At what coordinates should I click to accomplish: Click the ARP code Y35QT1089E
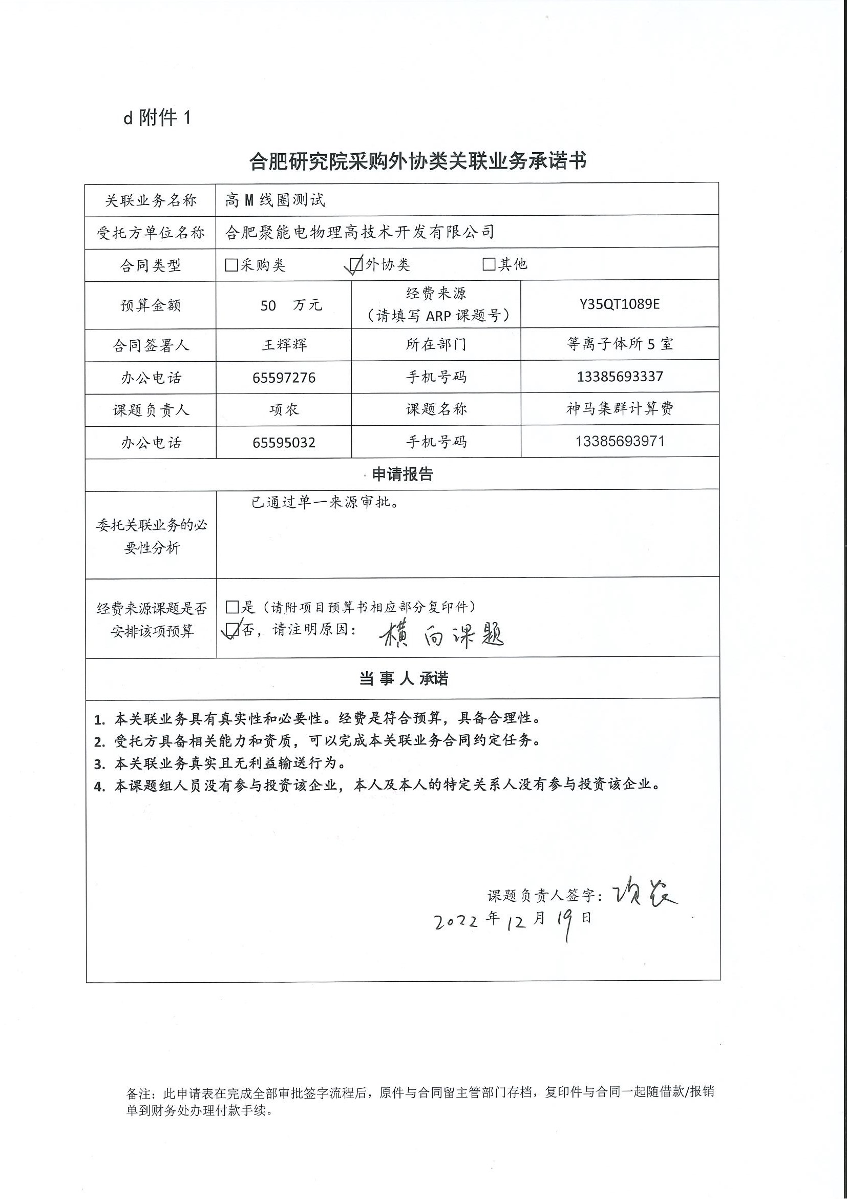coord(620,304)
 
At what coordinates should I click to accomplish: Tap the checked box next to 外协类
coord(356,265)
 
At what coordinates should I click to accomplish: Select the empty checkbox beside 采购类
coord(231,265)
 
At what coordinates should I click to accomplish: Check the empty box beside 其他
coord(489,264)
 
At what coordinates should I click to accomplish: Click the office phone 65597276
coord(284,378)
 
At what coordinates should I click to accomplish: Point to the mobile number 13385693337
coord(620,377)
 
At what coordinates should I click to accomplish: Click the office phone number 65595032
coord(284,443)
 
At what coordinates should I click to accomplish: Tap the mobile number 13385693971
coord(620,441)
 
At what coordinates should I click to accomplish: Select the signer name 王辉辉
coord(284,345)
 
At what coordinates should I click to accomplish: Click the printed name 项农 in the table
coord(284,410)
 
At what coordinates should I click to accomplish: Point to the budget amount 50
coord(268,305)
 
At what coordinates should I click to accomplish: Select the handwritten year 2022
coord(455,922)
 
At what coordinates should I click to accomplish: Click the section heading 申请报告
coord(403,474)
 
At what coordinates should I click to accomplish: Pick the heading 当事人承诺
coord(404,678)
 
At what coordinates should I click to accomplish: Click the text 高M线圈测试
coord(275,200)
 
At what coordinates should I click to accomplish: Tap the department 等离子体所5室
coord(620,344)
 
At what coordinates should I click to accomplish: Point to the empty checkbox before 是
coord(232,607)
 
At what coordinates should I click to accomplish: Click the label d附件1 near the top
coord(157,118)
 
